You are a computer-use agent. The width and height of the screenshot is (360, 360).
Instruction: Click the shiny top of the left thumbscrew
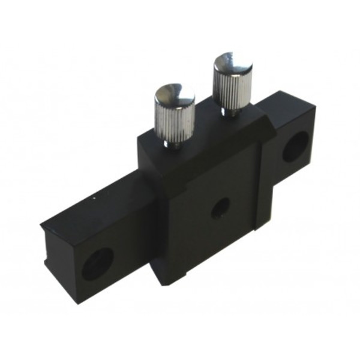tap(175, 95)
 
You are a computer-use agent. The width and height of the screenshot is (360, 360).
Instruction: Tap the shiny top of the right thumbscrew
tap(232, 62)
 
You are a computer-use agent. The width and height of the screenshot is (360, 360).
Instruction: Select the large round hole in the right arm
tap(295, 146)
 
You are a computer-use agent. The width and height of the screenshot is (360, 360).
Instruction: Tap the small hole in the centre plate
tap(220, 208)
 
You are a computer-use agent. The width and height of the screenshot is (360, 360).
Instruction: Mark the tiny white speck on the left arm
tap(94, 196)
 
